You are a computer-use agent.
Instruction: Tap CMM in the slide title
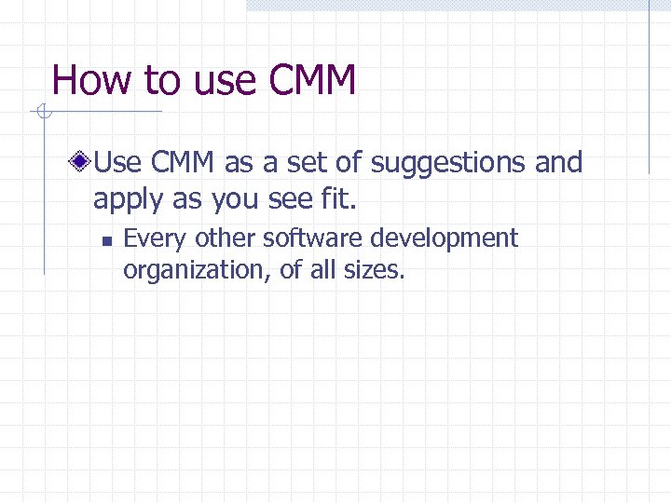point(312,80)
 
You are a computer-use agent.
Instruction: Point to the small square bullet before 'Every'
point(106,240)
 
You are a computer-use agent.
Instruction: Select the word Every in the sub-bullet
point(155,239)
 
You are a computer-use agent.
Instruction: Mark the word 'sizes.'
point(373,270)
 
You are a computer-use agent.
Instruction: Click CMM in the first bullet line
point(182,164)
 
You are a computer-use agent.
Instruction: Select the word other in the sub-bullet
point(226,238)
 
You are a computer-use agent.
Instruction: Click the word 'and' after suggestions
point(558,164)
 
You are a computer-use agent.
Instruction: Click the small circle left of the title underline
point(41,113)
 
